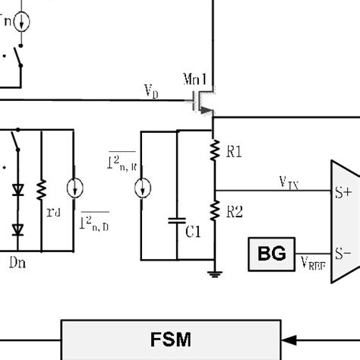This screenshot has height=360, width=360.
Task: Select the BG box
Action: (x=271, y=254)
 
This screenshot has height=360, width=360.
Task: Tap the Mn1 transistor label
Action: (x=197, y=79)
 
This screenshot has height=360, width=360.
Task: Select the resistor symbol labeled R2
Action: (x=214, y=210)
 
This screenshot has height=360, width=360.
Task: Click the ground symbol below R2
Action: (x=214, y=276)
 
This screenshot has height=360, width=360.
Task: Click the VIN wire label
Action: (x=289, y=182)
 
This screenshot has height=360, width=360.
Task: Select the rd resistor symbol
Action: (x=43, y=188)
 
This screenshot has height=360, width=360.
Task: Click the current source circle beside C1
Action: (x=141, y=189)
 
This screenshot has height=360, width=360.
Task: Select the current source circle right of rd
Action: (x=74, y=188)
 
